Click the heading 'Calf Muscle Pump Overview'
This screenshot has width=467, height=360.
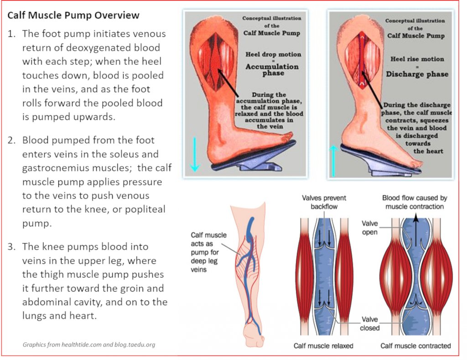coord(73,15)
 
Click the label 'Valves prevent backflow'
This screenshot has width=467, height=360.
coord(324,202)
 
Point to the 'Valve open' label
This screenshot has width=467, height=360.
coord(370,227)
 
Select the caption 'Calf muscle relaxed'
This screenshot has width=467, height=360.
coord(323,346)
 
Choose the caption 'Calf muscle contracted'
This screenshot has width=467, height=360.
coord(415,346)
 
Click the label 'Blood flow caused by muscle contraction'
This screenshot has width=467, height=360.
coord(414,202)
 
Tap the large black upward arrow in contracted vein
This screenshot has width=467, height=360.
coord(415,232)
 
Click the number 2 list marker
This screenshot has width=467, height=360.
coord(12,140)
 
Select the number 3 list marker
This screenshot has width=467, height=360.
coord(12,247)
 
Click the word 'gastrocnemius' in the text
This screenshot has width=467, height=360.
coord(53,168)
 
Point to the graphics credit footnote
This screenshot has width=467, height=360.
coord(89,345)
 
